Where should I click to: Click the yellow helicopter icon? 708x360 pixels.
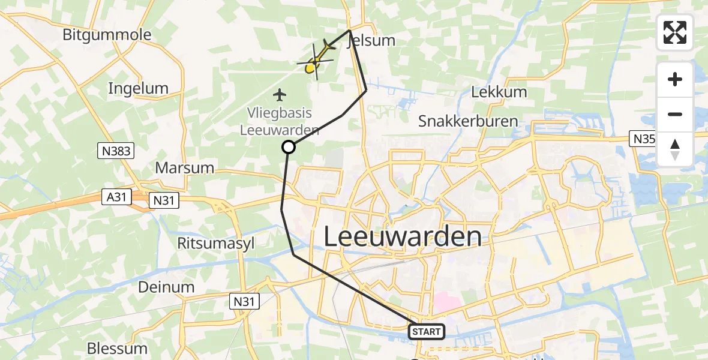(x=315, y=62)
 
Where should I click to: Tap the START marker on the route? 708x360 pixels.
(x=427, y=331)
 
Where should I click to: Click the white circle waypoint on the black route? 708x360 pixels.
(x=289, y=147)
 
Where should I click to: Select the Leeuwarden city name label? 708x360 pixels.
(x=403, y=236)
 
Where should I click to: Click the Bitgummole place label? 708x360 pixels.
(x=107, y=35)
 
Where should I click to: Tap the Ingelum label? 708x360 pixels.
(x=138, y=89)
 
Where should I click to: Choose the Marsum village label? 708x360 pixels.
(x=184, y=167)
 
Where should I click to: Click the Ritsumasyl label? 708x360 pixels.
(x=208, y=243)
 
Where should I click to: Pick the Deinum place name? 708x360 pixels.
(x=166, y=287)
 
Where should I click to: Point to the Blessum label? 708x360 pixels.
(x=117, y=348)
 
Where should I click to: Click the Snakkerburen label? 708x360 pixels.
(x=468, y=121)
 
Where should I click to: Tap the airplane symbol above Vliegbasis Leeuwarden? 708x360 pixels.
(x=279, y=94)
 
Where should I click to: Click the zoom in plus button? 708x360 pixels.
(x=675, y=79)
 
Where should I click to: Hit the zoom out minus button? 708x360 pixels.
(x=675, y=114)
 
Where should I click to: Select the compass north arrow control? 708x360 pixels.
(x=675, y=149)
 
